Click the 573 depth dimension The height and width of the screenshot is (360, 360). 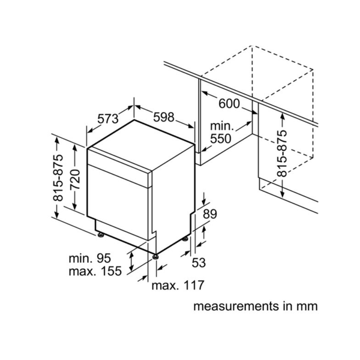click(x=108, y=119)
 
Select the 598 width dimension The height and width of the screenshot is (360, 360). click(x=164, y=117)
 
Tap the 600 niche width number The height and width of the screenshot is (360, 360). click(x=229, y=103)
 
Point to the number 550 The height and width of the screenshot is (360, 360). click(x=221, y=139)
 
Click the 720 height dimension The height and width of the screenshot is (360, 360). click(x=76, y=179)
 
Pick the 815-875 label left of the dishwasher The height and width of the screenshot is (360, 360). click(x=58, y=178)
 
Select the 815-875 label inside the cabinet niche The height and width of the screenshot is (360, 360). click(x=282, y=154)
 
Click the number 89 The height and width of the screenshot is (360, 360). click(x=210, y=214)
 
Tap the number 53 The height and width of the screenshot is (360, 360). click(x=199, y=262)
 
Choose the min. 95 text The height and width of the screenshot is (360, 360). click(x=90, y=258)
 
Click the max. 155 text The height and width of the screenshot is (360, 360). click(x=95, y=271)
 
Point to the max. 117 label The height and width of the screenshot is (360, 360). click(x=178, y=285)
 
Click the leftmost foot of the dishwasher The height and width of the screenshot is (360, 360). click(x=101, y=235)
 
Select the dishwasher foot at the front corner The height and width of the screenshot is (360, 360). click(x=156, y=256)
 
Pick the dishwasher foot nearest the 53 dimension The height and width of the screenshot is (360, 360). click(x=185, y=239)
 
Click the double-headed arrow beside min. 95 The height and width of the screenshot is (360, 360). click(x=131, y=262)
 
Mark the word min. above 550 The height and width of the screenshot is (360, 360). click(x=222, y=126)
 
